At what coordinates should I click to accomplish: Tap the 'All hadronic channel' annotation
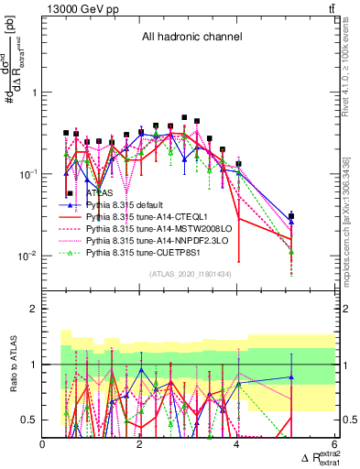(191, 38)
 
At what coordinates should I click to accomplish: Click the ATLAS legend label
(101, 193)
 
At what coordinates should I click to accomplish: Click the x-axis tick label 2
(140, 445)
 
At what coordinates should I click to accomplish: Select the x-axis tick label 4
(237, 445)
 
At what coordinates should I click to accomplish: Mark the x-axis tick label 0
(43, 445)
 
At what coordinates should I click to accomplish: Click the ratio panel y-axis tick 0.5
(30, 420)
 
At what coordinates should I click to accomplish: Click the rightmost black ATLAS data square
(291, 216)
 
